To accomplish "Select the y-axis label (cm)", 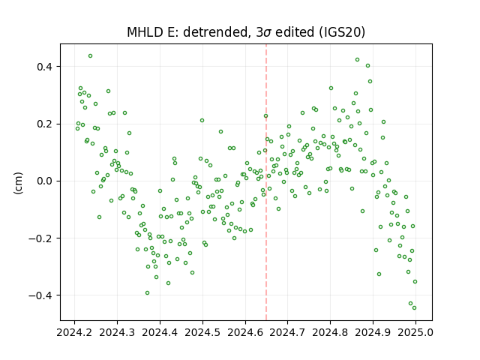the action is click(x=18, y=183).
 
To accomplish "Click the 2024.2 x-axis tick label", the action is click(x=74, y=332).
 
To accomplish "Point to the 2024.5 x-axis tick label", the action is click(x=202, y=332).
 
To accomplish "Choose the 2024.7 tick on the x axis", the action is click(x=287, y=332).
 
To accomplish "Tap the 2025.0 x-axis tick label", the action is click(x=415, y=332).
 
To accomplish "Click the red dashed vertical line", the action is click(x=266, y=182).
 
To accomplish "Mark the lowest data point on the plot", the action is click(x=414, y=308).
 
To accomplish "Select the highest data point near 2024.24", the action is click(x=90, y=56).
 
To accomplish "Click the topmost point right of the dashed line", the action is click(x=357, y=60).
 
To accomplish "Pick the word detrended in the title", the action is click(x=215, y=32).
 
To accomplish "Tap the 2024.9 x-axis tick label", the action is click(x=373, y=332).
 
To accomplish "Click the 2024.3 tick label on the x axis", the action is click(x=117, y=332).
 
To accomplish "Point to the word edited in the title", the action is click(x=295, y=32).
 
